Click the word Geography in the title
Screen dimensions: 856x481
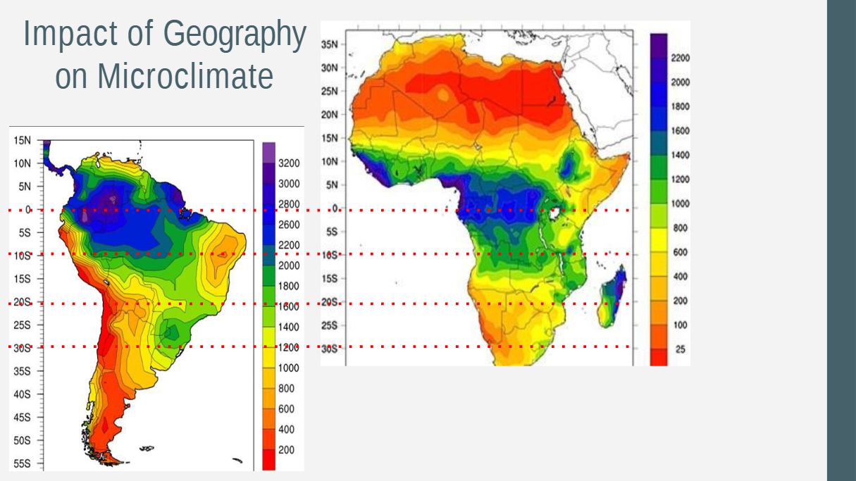point(235,35)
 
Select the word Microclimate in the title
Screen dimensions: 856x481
point(185,75)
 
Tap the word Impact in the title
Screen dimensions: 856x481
point(70,35)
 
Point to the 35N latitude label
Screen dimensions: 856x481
point(330,44)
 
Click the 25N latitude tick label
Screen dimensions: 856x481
point(330,92)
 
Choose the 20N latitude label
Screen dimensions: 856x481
point(330,115)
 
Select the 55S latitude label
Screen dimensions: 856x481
point(22,464)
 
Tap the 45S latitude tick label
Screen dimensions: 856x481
point(22,417)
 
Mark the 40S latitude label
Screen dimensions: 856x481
point(22,394)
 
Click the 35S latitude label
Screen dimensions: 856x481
point(22,371)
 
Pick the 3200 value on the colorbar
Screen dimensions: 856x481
point(289,163)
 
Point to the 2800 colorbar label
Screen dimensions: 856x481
point(289,204)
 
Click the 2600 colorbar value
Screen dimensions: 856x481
point(289,225)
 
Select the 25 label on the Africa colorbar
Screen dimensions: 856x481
point(680,349)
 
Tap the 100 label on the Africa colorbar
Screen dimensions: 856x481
point(680,325)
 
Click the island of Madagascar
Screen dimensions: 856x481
point(612,297)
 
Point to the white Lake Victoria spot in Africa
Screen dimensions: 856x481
point(554,213)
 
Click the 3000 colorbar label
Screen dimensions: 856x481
point(289,184)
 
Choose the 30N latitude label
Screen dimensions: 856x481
point(330,68)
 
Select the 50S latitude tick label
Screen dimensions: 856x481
point(22,440)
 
